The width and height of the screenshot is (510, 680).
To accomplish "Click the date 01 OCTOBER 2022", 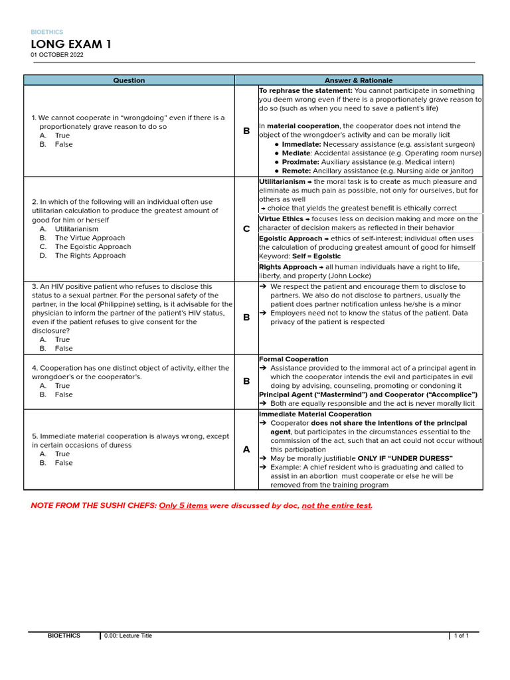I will pos(57,55).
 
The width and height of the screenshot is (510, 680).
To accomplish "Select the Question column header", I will pos(129,80).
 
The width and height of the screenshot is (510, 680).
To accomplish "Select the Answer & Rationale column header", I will pos(359,80).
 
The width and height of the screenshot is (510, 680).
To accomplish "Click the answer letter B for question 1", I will pos(246,131).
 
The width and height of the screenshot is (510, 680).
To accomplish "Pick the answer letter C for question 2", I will pos(246,228).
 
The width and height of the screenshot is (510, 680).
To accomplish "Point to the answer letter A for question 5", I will pos(246,450).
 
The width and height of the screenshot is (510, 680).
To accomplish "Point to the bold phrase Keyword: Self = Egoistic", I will pos(299,256).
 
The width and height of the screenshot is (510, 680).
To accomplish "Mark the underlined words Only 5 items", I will pos(183,505).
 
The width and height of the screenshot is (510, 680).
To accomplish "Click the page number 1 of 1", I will pos(461,636).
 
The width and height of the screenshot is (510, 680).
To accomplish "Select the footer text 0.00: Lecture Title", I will pos(128,636).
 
